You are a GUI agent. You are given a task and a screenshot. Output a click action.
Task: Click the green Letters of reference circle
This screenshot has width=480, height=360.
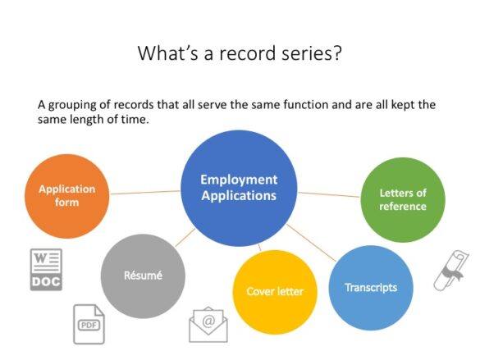pyautogui.click(x=402, y=199)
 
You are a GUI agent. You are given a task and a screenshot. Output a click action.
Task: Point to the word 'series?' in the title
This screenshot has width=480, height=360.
pyautogui.click(x=309, y=54)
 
